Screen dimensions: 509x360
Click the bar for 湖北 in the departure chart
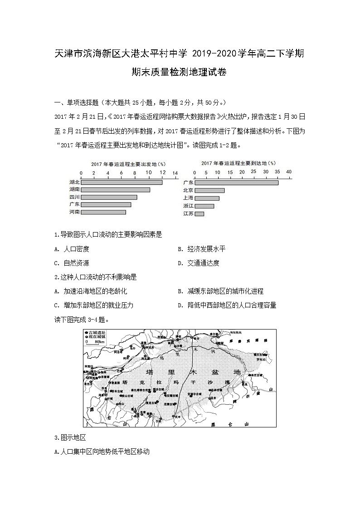click(122, 182)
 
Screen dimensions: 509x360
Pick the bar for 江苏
click(199, 213)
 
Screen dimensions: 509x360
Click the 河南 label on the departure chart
click(74, 212)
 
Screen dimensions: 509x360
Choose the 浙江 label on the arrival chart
click(188, 206)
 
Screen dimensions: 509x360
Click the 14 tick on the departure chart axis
click(175, 173)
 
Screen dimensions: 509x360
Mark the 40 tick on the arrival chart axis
click(289, 172)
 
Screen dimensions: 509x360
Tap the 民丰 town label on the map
click(177, 417)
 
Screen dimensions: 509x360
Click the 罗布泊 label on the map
click(263, 359)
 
